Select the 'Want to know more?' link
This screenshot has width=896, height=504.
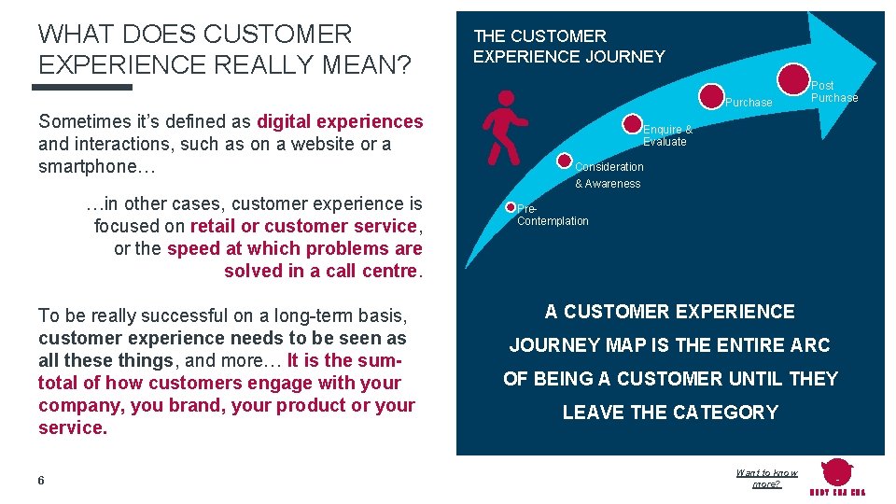tap(766, 479)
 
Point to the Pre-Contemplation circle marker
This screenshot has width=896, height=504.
tap(511, 207)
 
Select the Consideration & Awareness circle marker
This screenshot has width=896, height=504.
tap(564, 161)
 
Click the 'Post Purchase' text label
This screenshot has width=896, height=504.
tap(833, 91)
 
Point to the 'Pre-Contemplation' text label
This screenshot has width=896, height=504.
tap(552, 216)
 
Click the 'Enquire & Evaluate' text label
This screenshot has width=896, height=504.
tap(666, 135)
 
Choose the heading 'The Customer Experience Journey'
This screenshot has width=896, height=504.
tap(568, 47)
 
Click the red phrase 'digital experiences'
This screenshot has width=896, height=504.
tap(340, 121)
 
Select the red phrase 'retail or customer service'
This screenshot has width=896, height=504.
tap(305, 226)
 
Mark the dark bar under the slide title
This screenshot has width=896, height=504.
tap(82, 87)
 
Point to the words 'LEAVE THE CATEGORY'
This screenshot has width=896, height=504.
tap(669, 413)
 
